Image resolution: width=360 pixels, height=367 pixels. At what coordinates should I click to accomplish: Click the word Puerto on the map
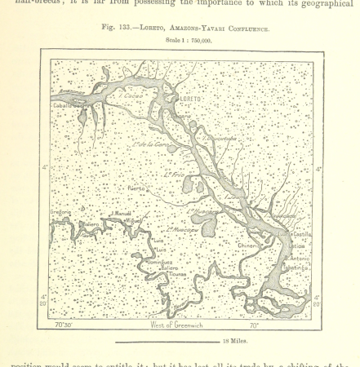[137, 188]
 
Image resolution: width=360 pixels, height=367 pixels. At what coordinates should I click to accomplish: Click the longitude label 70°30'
[64, 325]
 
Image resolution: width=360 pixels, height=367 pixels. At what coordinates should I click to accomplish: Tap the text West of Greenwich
[176, 325]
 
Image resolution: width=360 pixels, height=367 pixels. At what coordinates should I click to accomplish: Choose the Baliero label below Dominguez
[169, 268]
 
